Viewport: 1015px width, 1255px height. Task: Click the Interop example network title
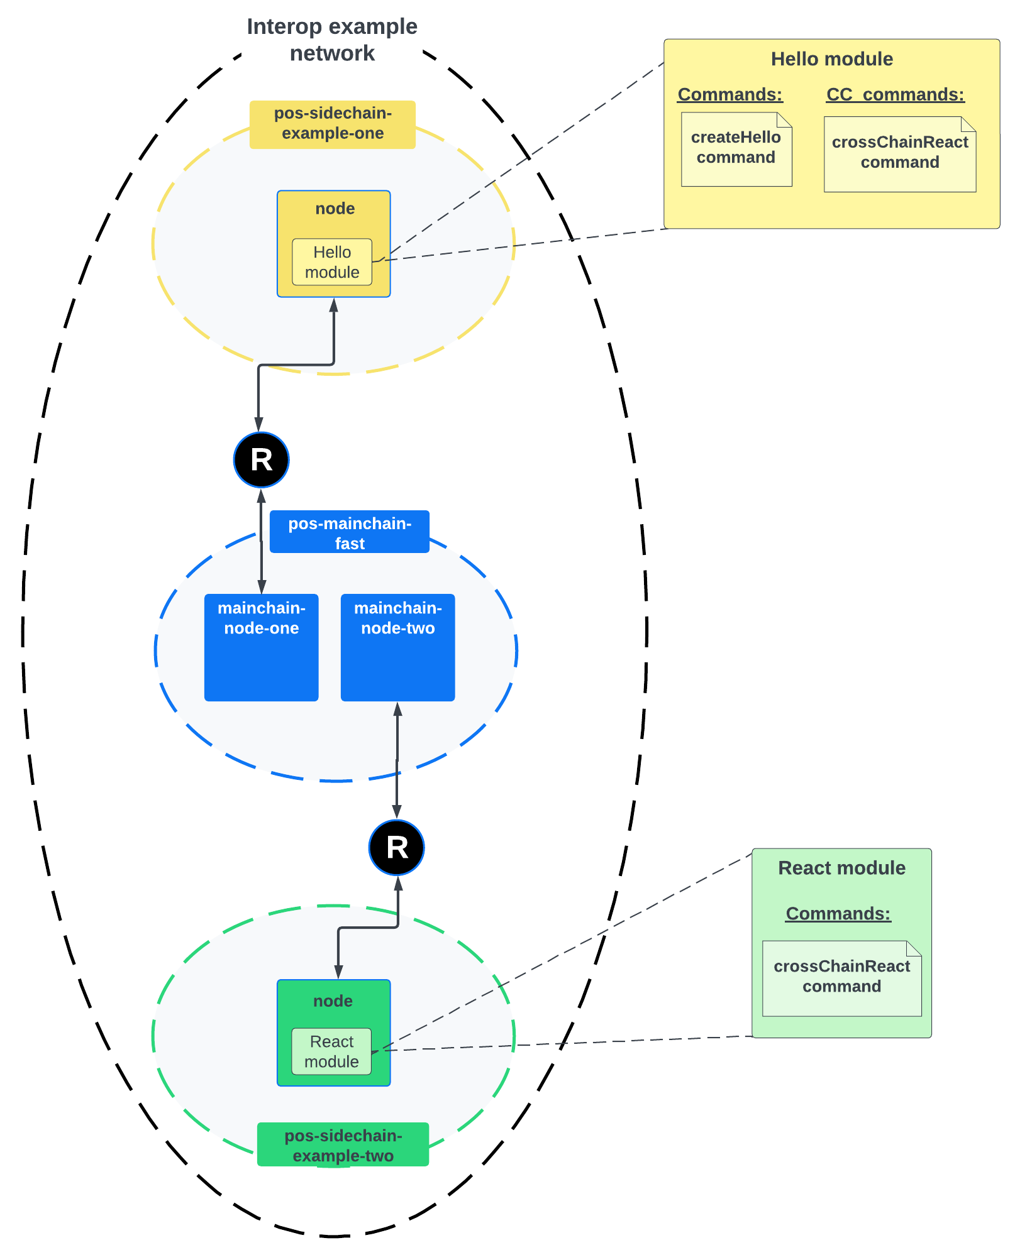tap(332, 40)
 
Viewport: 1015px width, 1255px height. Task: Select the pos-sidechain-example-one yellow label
tap(333, 124)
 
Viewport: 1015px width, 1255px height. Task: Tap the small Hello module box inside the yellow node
tap(332, 262)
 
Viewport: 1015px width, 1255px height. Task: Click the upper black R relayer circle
tap(262, 460)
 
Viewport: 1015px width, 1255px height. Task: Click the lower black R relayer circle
tap(397, 847)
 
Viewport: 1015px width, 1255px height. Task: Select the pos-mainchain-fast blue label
tap(350, 532)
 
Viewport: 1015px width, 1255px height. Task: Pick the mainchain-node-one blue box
tap(262, 647)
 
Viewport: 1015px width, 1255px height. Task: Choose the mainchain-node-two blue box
tap(398, 647)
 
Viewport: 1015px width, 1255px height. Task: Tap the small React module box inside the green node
tap(331, 1051)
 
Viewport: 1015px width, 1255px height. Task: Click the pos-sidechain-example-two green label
tap(343, 1145)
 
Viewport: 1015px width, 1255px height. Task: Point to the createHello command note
tap(736, 149)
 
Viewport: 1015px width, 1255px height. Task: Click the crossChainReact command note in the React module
tap(841, 978)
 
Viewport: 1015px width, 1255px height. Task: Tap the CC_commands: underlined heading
tap(895, 95)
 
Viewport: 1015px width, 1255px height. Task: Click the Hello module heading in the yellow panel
tap(831, 59)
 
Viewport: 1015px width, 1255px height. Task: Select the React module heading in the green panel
tap(841, 868)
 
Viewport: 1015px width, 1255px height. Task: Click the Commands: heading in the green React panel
tap(838, 914)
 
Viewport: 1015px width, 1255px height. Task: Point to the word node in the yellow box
tap(335, 209)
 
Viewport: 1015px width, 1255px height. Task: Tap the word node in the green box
tap(333, 1001)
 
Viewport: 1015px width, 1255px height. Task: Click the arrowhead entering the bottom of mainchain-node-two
tap(398, 710)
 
